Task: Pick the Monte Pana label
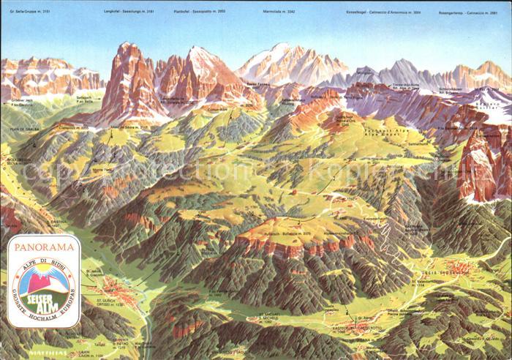[x=102, y=169]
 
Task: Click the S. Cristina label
[x=57, y=222]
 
